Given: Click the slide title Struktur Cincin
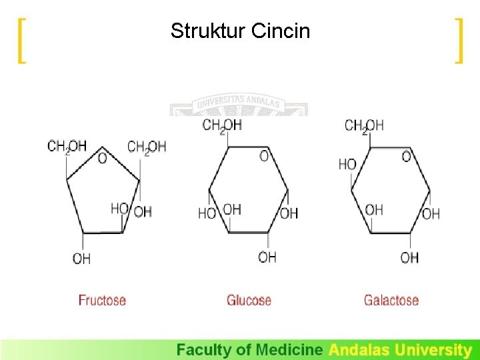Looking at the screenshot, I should pos(240,31).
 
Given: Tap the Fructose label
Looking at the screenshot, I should pos(102,300).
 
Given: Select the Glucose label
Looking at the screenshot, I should pos(249,300).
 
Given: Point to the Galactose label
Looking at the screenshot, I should pos(391,300).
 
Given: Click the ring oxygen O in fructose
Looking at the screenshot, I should pos(102,159).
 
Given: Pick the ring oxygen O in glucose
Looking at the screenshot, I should pos(264,156).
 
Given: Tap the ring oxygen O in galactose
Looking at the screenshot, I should pos(407,156).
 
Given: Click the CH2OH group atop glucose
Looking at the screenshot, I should pos(222,125).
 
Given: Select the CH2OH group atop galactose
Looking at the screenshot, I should pos(365,125).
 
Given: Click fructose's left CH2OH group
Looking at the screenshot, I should pos(67,146).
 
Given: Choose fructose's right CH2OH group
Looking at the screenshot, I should pos(147,146).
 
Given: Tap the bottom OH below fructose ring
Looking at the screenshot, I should pos(81,258).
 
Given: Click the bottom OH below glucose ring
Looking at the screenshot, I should pos(267,257).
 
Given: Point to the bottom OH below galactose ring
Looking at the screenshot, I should pos(409,257).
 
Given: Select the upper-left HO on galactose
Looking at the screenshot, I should pos(347,164).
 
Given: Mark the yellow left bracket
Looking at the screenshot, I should pos(22,41).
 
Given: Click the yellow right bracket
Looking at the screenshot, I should pos(458,41).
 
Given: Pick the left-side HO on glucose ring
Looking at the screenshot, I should pos(207,214).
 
